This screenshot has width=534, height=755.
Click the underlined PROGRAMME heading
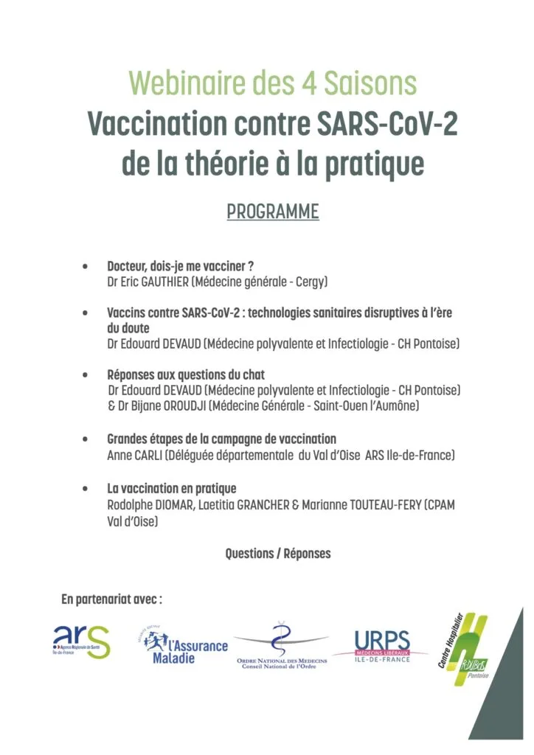coord(272,212)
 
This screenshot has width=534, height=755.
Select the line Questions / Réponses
coord(278,553)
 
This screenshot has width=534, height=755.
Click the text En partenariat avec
coord(111,599)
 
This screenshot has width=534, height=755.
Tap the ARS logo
coord(81,642)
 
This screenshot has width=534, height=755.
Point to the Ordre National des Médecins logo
coord(281,646)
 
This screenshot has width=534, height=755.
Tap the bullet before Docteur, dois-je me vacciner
coord(87,265)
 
